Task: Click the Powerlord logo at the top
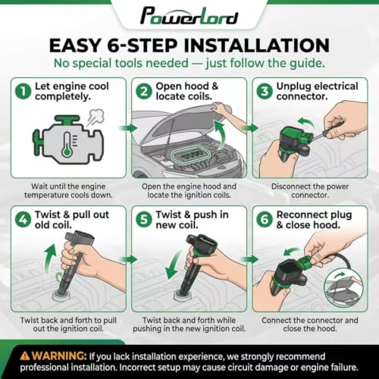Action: [189, 16]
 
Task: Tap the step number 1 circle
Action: [23, 92]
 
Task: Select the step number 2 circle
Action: [144, 92]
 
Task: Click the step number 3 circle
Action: [265, 92]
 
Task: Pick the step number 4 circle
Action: [23, 220]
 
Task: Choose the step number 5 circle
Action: [144, 220]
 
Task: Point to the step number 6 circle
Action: [265, 220]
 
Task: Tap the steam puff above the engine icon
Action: [95, 117]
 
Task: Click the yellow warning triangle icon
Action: [25, 356]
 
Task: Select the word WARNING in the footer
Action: [59, 356]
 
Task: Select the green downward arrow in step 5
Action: [174, 265]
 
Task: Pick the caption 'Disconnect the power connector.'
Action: [310, 191]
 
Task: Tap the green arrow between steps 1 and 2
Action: [129, 128]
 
